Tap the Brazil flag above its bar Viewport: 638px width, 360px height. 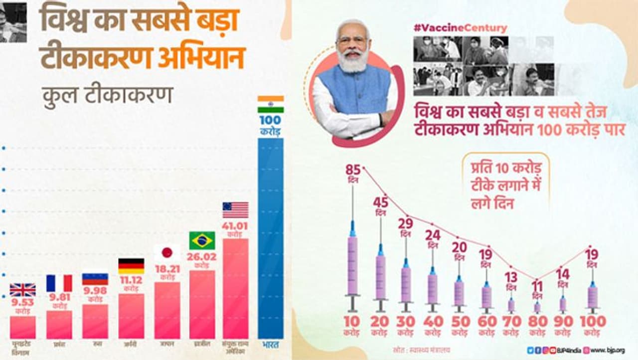pyautogui.click(x=202, y=240)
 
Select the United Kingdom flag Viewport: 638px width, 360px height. pyautogui.click(x=23, y=290)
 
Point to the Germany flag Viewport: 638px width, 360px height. pyautogui.click(x=131, y=266)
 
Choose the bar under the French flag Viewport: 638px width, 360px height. pyautogui.click(x=59, y=325)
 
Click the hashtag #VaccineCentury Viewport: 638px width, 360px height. pyautogui.click(x=460, y=28)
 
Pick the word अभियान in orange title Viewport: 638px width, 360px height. pyautogui.click(x=201, y=58)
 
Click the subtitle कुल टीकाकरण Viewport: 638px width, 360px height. pyautogui.click(x=107, y=94)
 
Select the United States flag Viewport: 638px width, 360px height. pyautogui.click(x=235, y=210)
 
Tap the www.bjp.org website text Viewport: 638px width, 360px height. pyautogui.click(x=608, y=351)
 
